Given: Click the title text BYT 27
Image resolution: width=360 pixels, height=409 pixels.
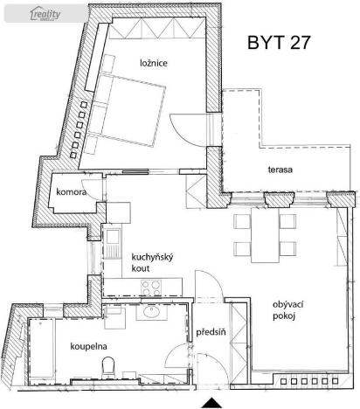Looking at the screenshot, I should point(279,41).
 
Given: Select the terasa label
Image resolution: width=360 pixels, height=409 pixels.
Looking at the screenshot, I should point(280,169).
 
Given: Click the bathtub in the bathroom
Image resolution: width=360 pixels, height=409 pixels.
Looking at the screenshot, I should point(46,350).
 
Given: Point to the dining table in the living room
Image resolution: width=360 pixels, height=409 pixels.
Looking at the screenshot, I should point(260,232).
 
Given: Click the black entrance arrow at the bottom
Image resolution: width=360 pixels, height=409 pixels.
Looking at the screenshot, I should point(211,402).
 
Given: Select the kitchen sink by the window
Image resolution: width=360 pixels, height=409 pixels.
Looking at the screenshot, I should point(113,238).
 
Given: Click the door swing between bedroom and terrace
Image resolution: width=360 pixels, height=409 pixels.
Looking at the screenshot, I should point(190,132).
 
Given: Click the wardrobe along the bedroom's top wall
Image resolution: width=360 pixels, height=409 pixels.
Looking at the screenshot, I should point(158,36).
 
